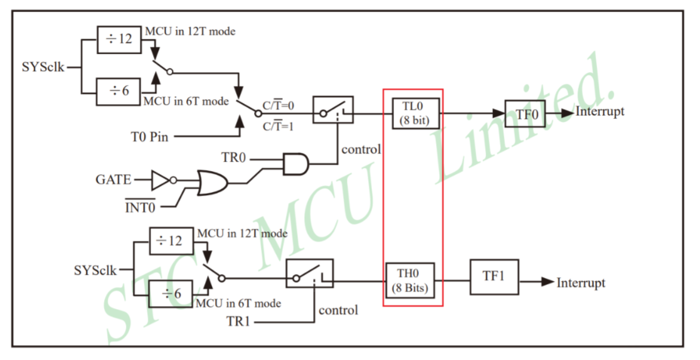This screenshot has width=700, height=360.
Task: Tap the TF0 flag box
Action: tap(526, 114)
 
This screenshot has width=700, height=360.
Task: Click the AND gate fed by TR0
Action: tap(295, 164)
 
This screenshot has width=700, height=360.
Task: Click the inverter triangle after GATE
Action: tap(161, 181)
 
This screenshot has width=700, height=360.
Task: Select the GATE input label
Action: tap(114, 181)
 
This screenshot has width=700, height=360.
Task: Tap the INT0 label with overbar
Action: tap(141, 206)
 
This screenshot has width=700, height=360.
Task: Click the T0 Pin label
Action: tap(149, 137)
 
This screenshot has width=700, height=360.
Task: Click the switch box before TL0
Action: tap(332, 110)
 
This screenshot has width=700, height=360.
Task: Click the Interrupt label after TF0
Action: tap(600, 112)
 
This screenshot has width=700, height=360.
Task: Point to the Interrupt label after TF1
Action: tap(581, 283)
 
